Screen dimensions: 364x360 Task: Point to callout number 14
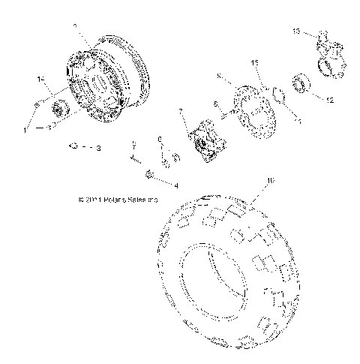(x=40, y=79)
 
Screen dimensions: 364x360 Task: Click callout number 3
(x=97, y=149)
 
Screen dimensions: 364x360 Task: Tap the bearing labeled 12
(x=303, y=82)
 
